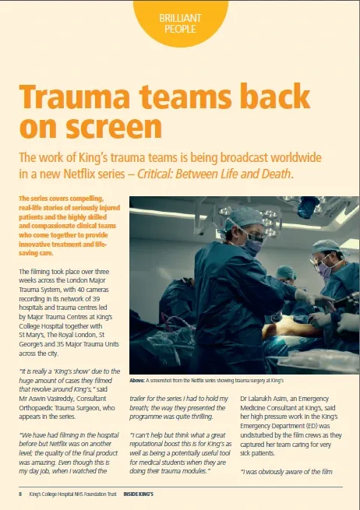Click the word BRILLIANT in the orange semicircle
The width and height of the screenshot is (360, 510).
click(180, 17)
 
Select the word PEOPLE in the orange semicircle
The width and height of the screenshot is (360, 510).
click(180, 29)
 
